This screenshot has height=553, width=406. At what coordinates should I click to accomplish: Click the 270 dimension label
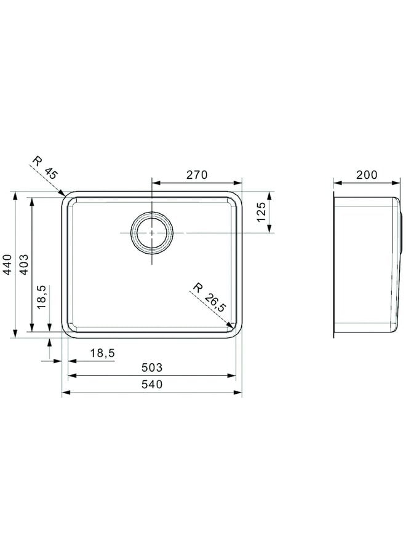click(197, 175)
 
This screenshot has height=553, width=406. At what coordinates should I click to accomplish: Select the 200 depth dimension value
click(367, 175)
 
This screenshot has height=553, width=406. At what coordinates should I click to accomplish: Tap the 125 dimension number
click(261, 212)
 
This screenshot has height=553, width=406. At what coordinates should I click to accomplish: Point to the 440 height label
click(7, 264)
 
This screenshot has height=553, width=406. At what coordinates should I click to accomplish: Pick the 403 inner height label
click(23, 264)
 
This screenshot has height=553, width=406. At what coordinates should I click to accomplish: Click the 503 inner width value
click(152, 367)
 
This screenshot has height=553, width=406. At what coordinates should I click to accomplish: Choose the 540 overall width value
click(152, 383)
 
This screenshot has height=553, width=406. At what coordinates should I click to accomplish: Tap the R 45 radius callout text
click(45, 168)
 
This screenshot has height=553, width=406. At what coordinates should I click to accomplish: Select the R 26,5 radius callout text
click(209, 297)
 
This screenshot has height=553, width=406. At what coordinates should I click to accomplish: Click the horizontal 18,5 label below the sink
click(102, 353)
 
